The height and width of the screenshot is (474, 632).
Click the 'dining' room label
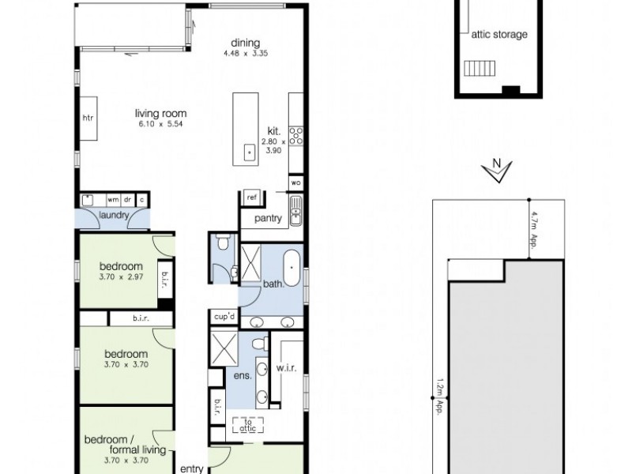point(245,43)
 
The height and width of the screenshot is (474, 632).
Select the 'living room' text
point(160,113)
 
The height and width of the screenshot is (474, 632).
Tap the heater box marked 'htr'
point(88,118)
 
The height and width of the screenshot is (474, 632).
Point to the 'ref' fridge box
point(252,197)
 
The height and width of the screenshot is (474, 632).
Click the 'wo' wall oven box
point(296,182)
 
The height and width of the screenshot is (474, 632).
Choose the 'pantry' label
point(268,219)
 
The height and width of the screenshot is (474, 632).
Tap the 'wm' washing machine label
point(113,200)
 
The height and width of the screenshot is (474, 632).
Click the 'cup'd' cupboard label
point(224,317)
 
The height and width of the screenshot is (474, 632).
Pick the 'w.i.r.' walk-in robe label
point(285,367)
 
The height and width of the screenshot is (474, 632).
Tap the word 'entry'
point(192,468)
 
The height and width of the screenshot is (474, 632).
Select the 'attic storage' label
point(498,35)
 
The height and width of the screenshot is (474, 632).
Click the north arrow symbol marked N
point(497,171)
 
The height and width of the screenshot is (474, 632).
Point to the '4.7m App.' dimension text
point(534,229)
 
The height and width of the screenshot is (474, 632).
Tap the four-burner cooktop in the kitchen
point(296,136)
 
